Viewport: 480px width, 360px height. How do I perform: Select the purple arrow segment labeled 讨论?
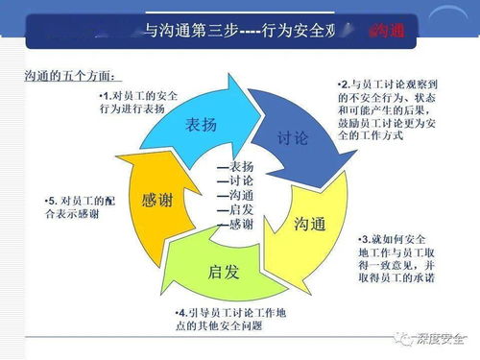tap(292, 138)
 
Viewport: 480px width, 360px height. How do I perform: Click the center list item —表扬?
tap(235, 166)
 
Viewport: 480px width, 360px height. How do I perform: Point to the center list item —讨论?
tap(235, 180)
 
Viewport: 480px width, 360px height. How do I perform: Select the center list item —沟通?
tap(235, 195)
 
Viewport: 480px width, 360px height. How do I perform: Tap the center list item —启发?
tap(235, 209)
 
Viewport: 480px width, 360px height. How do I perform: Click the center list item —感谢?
tap(235, 224)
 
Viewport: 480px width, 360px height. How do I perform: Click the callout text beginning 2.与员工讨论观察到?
tap(390, 111)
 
